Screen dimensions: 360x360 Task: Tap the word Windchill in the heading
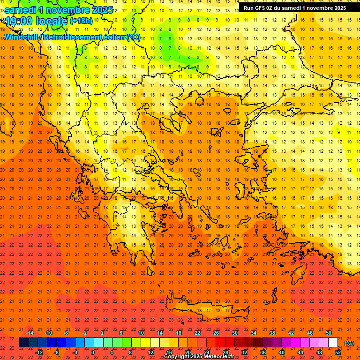coord(22,37)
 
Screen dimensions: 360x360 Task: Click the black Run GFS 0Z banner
coord(294,7)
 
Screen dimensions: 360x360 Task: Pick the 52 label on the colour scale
coord(338,352)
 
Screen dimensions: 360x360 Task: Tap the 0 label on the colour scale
coord(93,352)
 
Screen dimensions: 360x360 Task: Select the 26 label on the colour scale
coord(216,333)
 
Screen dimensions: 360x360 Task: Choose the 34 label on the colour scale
coord(254,333)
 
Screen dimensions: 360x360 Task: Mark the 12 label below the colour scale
coord(150,352)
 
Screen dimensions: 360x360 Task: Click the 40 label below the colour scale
coord(282,352)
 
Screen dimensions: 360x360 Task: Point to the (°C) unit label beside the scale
coord(349,343)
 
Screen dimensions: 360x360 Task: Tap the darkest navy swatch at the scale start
coord(23,343)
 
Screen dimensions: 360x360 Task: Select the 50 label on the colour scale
coord(329,333)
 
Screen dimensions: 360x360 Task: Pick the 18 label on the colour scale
coord(179,333)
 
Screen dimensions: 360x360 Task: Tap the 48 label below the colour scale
coord(319,352)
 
